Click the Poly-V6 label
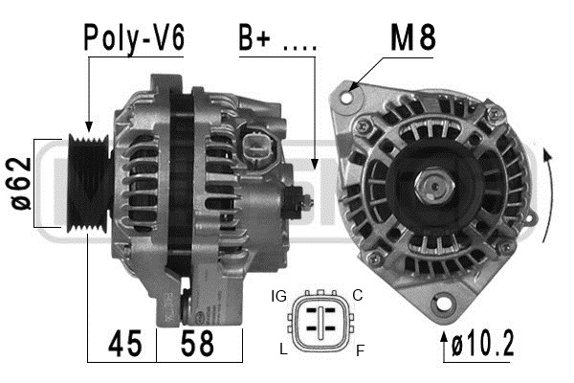(x=134, y=38)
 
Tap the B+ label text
(x=254, y=37)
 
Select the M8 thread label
(x=413, y=37)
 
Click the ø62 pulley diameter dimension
(x=21, y=183)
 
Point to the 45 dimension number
(x=124, y=344)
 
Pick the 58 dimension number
(x=197, y=344)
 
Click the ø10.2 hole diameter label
(x=483, y=344)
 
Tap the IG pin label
(x=279, y=296)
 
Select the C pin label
(x=357, y=295)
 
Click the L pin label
(x=283, y=349)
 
